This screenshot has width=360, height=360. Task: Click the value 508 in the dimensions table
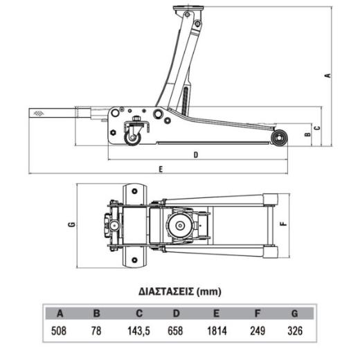(x=59, y=331)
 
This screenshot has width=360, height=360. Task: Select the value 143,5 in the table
(x=139, y=331)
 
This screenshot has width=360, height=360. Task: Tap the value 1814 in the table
(x=217, y=331)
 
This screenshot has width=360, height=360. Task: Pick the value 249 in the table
(x=258, y=331)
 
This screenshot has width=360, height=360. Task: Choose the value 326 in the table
(x=295, y=331)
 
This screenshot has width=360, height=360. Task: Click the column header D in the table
(x=176, y=314)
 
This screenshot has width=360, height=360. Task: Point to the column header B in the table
(x=96, y=314)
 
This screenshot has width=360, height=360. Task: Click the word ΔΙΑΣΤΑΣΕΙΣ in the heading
(x=166, y=291)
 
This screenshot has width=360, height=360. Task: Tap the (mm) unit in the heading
(x=209, y=291)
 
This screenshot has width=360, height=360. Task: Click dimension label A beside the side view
(x=327, y=75)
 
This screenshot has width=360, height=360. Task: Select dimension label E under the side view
(x=161, y=170)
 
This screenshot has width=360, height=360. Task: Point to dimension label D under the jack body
(x=196, y=154)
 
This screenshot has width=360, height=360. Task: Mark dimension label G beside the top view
(x=72, y=224)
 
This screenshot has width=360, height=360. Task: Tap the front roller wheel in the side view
(x=279, y=138)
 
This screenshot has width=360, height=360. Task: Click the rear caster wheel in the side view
(x=132, y=138)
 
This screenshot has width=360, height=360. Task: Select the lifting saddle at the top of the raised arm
(x=188, y=9)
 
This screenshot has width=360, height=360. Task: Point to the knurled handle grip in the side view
(x=53, y=114)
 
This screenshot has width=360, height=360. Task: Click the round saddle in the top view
(x=180, y=226)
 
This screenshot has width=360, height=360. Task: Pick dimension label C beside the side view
(x=318, y=127)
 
